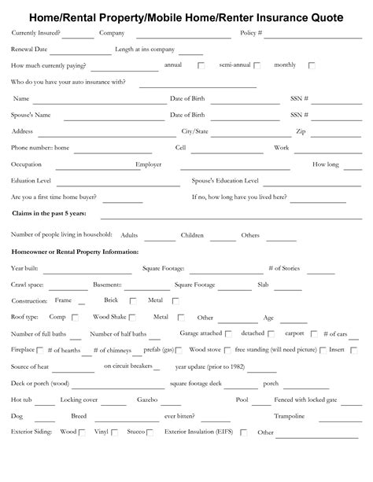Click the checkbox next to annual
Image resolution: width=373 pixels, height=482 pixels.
(201, 66)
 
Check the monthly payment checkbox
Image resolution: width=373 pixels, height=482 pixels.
(312, 66)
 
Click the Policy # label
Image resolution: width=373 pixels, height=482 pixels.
(251, 33)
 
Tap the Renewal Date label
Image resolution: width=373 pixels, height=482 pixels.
(30, 50)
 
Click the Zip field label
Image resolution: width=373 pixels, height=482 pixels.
(301, 131)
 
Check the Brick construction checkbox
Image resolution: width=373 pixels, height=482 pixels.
(132, 301)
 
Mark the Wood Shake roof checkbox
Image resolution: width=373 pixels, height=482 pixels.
(131, 318)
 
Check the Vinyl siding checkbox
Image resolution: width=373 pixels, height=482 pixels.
(114, 432)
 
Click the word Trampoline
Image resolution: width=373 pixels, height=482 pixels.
(289, 416)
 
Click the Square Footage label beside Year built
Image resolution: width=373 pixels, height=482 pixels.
(163, 268)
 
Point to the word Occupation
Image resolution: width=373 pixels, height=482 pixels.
(27, 164)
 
